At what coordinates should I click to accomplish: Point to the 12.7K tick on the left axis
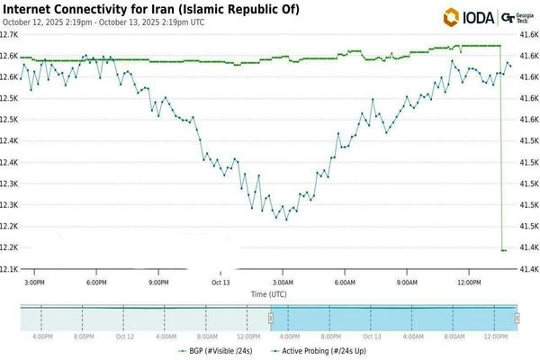point(9,33)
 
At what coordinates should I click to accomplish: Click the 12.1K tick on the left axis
point(9,269)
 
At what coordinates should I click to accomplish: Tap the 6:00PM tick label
point(98,282)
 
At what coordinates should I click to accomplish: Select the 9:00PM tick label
point(159,282)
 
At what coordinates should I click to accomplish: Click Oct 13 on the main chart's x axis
point(220,282)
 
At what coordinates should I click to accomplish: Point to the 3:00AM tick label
point(282,282)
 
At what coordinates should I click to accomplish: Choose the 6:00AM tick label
point(343,282)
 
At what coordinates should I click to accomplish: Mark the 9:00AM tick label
point(405,282)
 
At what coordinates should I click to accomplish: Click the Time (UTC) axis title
point(270,293)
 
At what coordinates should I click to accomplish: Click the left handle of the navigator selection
point(270,318)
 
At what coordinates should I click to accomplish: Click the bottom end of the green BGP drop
point(503,250)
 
